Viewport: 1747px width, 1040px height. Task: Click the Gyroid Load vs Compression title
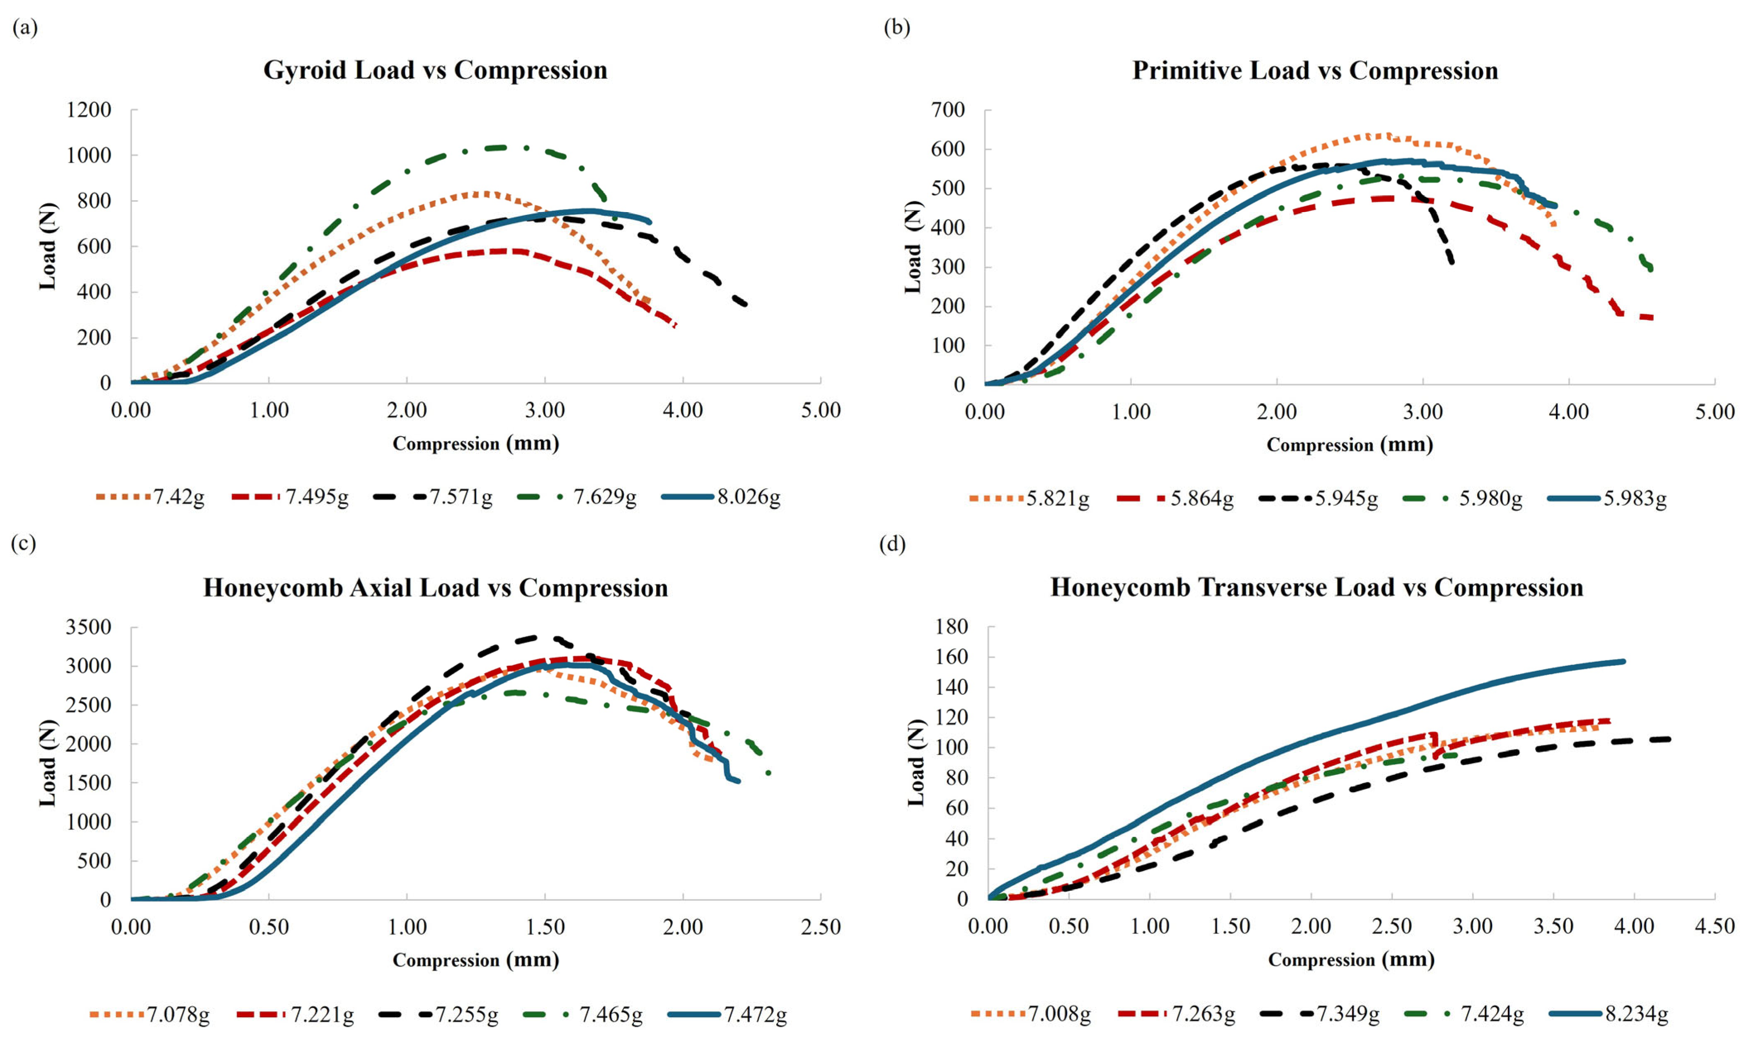(435, 70)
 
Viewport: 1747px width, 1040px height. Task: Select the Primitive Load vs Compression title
(1315, 71)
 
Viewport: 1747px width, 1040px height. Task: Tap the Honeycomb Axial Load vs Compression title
(435, 587)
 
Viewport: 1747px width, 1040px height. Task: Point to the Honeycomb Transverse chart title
(1316, 587)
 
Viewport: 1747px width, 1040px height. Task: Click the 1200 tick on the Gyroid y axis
(89, 110)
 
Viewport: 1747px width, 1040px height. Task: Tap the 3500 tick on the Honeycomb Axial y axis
(89, 626)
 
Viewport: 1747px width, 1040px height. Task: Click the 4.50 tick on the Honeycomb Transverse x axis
(1715, 926)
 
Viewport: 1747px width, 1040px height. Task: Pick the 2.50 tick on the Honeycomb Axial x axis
(820, 927)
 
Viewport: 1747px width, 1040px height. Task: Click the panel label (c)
(24, 544)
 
